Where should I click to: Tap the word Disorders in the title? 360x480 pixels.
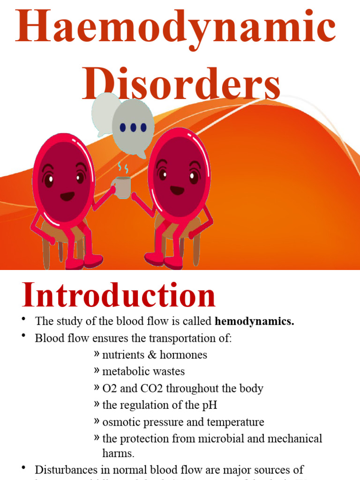pos(182,84)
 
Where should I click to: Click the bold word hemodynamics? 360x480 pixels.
pos(255,322)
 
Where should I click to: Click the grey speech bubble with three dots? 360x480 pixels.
pos(133,127)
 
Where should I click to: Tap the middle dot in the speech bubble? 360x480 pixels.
pos(133,127)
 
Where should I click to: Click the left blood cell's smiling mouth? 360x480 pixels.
pos(67,196)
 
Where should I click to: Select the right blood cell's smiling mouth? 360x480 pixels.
pos(177,190)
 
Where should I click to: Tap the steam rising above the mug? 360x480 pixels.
pos(123,168)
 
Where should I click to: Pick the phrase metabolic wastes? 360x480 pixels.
pos(143,372)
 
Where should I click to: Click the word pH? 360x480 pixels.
pos(210,405)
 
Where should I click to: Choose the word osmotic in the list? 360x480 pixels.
pos(120,422)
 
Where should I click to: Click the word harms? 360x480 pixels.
pos(118,453)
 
